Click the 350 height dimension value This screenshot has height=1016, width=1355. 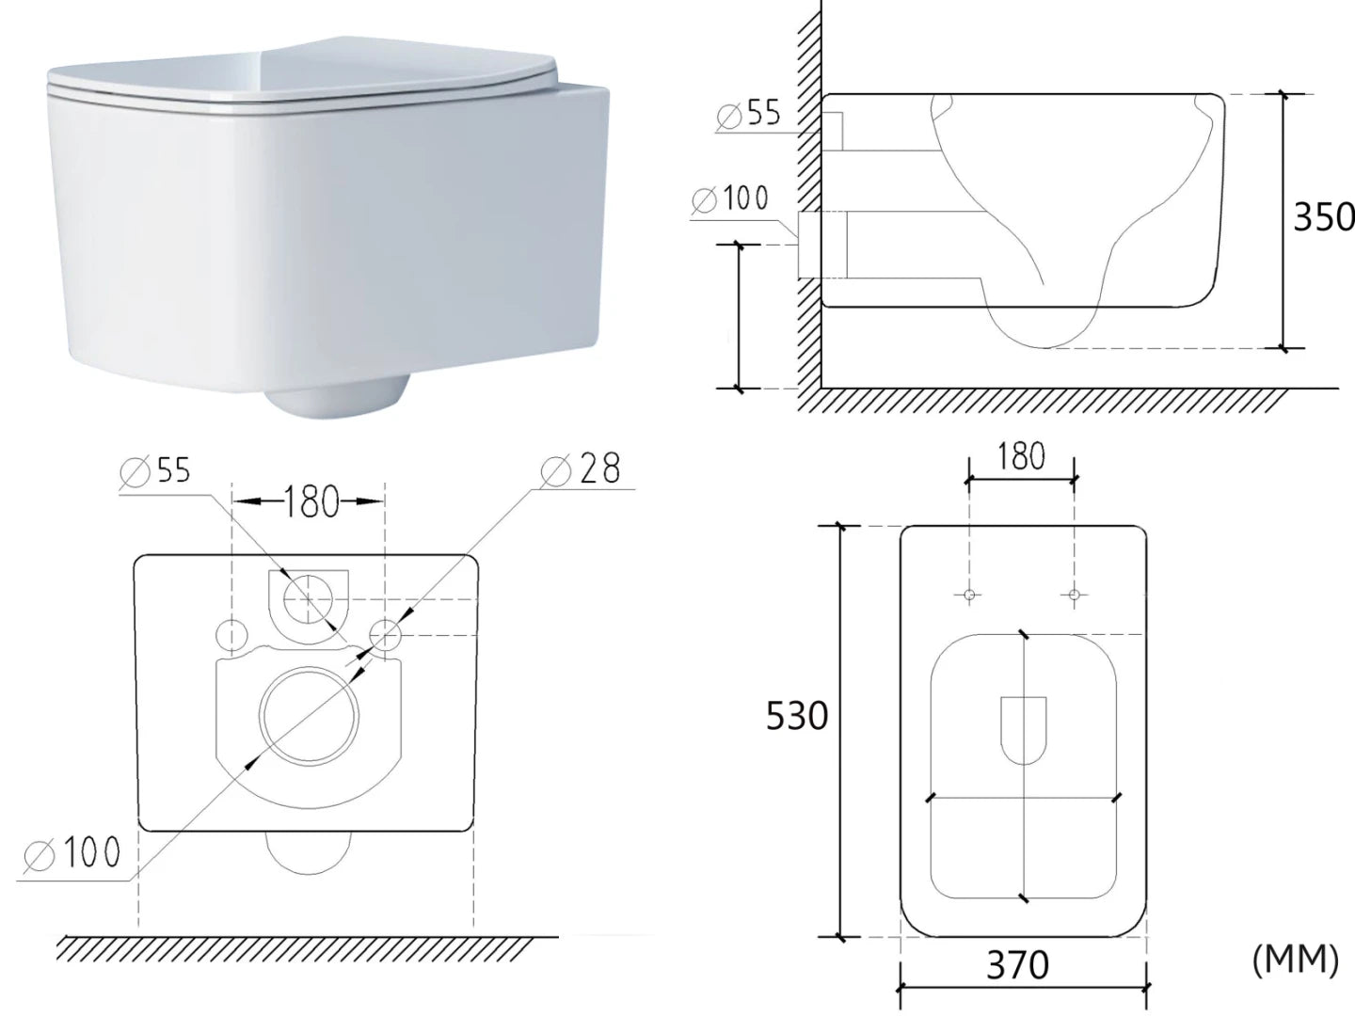coord(1323,217)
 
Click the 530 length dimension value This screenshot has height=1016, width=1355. coord(796,717)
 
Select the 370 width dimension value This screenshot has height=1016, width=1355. coord(1017,964)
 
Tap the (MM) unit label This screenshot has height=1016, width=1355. coord(1295,960)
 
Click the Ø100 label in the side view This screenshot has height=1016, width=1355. coord(729,198)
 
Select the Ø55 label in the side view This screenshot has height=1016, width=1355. coord(749,114)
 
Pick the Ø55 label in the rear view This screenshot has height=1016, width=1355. coord(156,470)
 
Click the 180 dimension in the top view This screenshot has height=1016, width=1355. coord(1022,457)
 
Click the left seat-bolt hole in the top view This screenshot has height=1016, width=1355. coord(969,595)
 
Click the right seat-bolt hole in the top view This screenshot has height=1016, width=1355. coord(1075,595)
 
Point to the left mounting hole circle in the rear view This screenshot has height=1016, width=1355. coord(231,636)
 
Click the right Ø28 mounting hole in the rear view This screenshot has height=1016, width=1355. coord(387,636)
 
